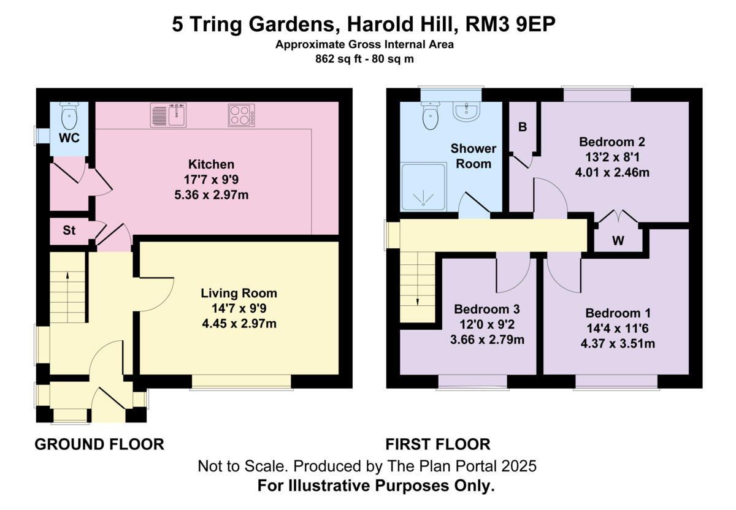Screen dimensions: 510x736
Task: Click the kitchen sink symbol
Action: click(169, 115)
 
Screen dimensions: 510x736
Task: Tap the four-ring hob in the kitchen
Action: click(242, 115)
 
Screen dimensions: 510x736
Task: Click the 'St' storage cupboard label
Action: click(69, 231)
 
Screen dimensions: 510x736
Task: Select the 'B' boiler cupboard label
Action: click(523, 128)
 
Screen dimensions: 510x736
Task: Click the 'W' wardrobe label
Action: click(618, 241)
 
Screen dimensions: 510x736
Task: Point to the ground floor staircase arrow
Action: click(67, 277)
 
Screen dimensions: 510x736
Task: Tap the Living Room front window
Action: click(240, 382)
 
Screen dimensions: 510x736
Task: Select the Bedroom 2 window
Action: click(597, 95)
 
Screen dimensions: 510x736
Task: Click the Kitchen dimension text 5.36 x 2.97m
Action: click(211, 196)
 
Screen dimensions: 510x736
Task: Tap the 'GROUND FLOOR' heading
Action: click(99, 444)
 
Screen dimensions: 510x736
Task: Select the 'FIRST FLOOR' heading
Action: click(437, 444)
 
